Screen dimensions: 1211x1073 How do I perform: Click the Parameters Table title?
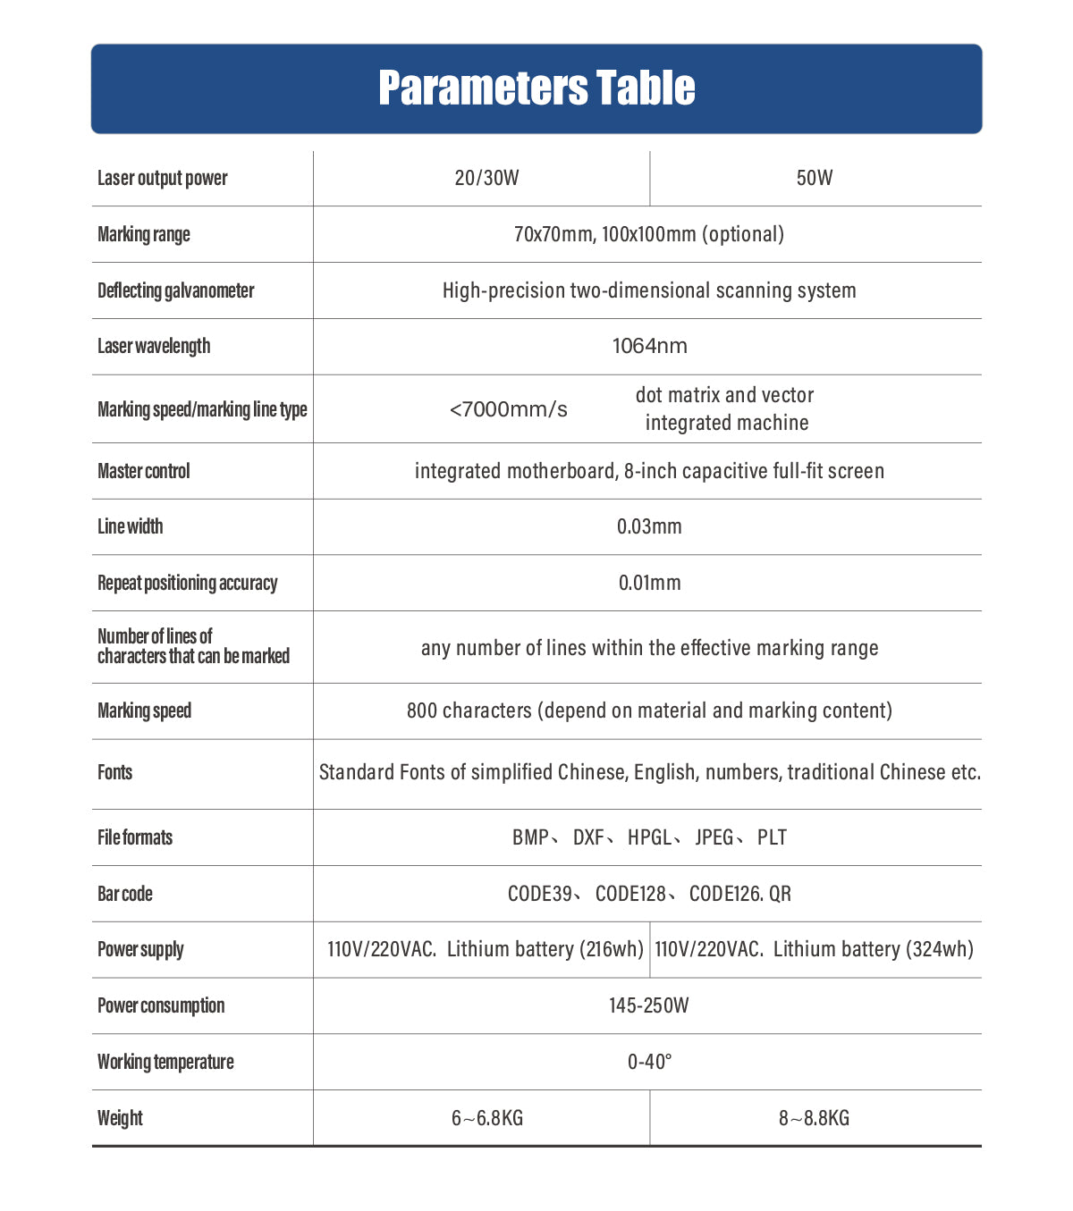click(536, 88)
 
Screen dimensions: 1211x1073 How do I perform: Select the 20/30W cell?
click(486, 178)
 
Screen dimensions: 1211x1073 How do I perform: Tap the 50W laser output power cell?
click(815, 178)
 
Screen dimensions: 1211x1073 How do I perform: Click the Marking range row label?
click(144, 234)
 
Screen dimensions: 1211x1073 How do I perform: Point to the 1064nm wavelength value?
click(650, 346)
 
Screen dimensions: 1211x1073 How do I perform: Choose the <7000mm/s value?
click(509, 409)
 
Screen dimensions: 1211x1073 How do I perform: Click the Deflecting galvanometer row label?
click(176, 290)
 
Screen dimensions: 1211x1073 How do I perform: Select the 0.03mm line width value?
click(649, 526)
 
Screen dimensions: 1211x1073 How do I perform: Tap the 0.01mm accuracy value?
click(650, 583)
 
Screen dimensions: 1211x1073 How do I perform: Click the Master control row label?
click(144, 471)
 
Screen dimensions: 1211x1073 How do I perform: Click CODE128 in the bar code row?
click(630, 894)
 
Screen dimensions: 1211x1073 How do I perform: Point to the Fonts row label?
click(115, 772)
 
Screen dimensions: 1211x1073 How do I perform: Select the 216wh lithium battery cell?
click(486, 949)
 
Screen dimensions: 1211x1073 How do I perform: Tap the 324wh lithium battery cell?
click(815, 949)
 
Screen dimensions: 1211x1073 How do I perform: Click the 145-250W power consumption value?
click(649, 1005)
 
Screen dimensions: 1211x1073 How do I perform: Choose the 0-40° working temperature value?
click(650, 1062)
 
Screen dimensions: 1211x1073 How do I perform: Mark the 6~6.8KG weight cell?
click(487, 1118)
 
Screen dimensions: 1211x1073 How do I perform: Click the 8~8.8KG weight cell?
click(815, 1118)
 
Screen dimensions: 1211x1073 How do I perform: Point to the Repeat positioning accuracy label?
click(188, 583)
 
